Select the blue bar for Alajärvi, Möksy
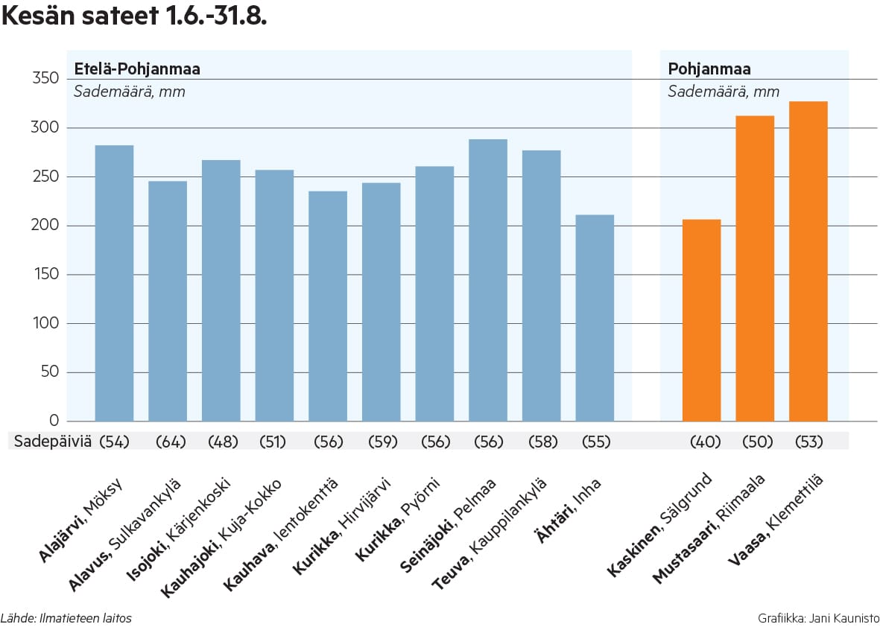115,283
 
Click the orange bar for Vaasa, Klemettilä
808,261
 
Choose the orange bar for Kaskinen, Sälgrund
701,320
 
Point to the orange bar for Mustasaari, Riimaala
755,268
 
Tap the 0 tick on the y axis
54,421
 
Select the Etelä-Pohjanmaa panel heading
136,70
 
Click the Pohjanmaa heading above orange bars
709,70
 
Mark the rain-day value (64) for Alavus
170,442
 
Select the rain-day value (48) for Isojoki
223,442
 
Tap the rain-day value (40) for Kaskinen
705,442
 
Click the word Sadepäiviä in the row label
53,442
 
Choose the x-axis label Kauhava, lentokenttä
282,533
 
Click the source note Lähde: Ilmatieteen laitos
66,618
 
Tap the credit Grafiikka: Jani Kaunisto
818,618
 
